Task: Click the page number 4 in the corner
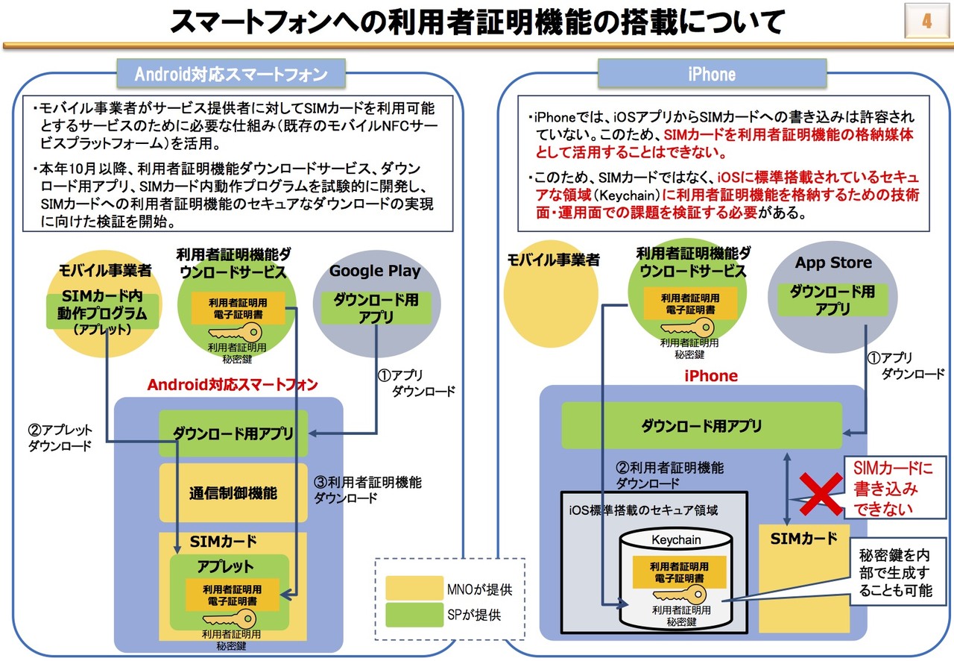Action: [x=926, y=20]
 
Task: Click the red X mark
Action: [x=821, y=494]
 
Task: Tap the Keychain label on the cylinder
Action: [x=676, y=540]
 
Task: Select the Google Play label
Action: [x=375, y=271]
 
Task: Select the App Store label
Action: [x=833, y=263]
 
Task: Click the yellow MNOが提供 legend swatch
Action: [x=414, y=588]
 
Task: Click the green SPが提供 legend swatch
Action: [x=414, y=615]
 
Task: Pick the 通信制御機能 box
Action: [x=233, y=493]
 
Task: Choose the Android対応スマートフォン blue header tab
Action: [x=231, y=74]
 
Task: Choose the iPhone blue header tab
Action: [x=712, y=74]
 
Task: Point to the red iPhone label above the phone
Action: [x=711, y=376]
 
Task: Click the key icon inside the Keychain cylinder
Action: [x=679, y=594]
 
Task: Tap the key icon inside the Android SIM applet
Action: [x=230, y=618]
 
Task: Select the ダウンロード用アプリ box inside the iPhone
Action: [x=701, y=425]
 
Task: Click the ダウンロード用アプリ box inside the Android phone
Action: [x=233, y=433]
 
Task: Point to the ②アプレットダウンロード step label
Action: [x=60, y=437]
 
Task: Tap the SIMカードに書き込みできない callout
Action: [x=894, y=487]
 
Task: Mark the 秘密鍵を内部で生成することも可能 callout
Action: [x=896, y=573]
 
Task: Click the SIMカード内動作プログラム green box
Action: [x=103, y=312]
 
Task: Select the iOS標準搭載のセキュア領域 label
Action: [x=643, y=510]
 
